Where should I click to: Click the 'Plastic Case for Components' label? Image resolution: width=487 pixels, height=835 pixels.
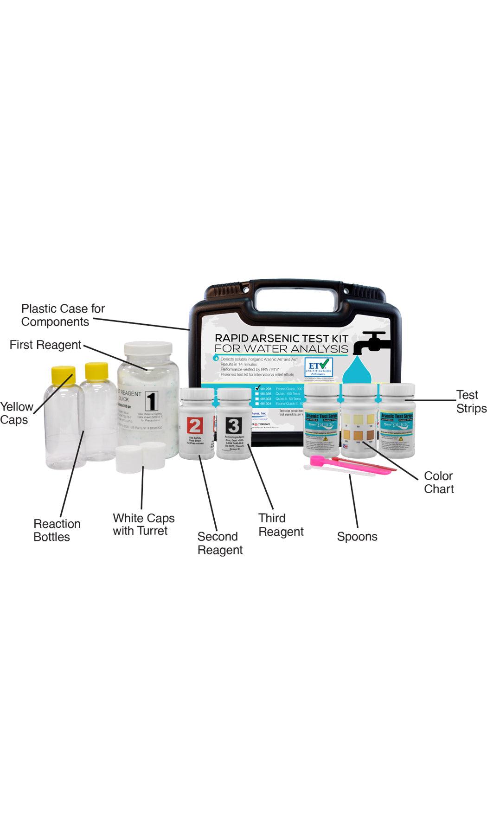click(63, 315)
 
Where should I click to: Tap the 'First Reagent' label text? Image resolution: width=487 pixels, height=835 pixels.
click(45, 345)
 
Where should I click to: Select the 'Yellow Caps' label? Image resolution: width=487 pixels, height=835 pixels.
click(16, 413)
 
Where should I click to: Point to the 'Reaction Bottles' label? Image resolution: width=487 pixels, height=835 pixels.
click(57, 530)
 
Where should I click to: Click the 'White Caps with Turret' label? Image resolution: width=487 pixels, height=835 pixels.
click(143, 524)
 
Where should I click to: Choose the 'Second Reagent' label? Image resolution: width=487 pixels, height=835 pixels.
click(220, 543)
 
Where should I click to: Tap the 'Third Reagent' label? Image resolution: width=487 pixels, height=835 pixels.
click(281, 525)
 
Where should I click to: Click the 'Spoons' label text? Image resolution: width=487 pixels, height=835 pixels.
click(357, 537)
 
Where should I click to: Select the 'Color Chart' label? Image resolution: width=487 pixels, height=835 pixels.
click(439, 482)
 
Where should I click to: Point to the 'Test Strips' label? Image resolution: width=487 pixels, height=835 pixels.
click(471, 402)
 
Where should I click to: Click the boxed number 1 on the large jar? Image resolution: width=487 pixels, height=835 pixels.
click(151, 400)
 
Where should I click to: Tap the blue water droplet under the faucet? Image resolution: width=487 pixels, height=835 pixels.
click(359, 371)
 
